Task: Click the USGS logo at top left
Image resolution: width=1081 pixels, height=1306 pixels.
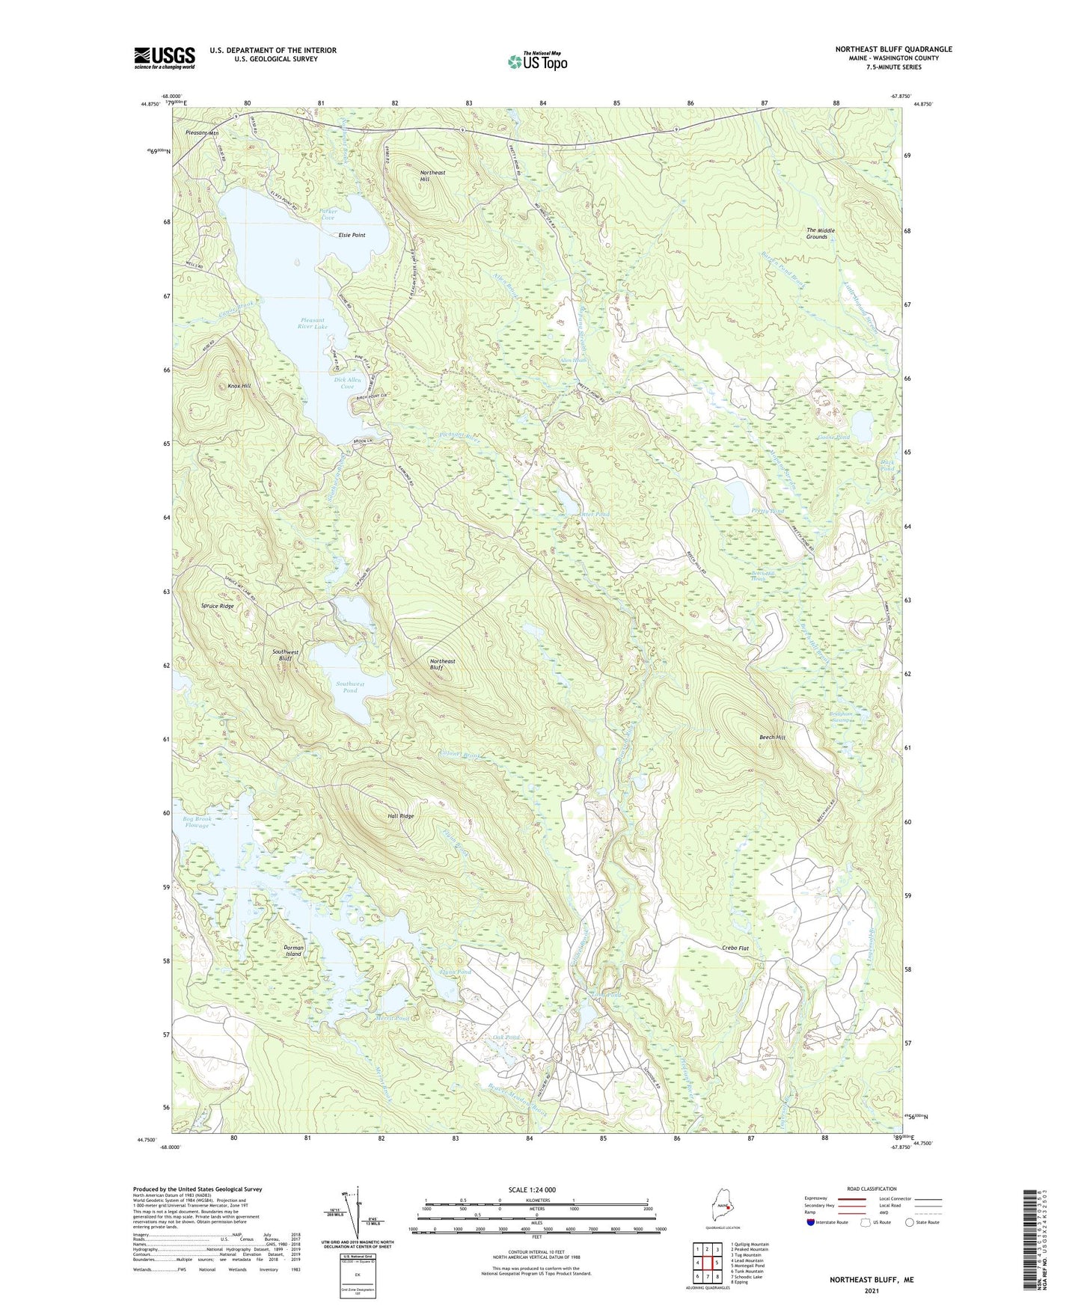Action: tap(164, 58)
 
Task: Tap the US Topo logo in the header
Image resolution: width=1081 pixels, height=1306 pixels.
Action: tap(536, 61)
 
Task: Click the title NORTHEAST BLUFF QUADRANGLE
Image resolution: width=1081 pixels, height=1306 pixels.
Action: tap(893, 49)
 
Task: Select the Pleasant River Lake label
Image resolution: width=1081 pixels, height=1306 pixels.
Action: tap(312, 323)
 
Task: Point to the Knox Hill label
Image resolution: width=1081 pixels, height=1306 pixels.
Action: tap(239, 387)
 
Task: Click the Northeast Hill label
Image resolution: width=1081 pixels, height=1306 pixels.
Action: tap(432, 176)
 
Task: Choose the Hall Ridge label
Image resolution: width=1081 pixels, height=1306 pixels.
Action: tap(400, 816)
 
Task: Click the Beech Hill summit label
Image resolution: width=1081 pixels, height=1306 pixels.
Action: tap(772, 738)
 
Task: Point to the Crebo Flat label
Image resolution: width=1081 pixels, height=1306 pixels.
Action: tap(735, 948)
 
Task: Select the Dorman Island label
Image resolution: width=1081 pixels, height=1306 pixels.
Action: tap(293, 951)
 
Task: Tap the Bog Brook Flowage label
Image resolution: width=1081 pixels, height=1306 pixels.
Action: tap(197, 822)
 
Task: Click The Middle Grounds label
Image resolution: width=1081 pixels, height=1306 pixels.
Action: tap(820, 233)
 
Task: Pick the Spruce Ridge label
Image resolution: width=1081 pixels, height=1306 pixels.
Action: tap(217, 606)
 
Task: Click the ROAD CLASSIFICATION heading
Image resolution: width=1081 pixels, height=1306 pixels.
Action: tap(872, 1189)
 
